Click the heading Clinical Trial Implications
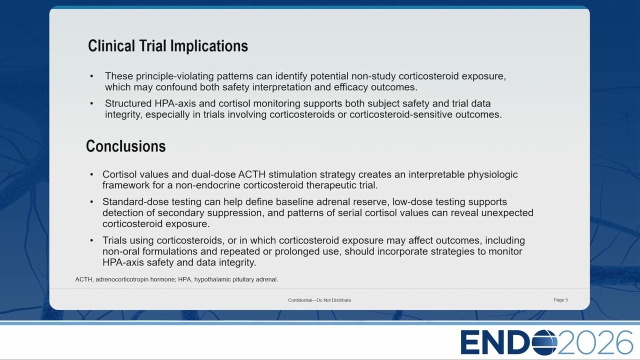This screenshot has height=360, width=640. [x=168, y=46]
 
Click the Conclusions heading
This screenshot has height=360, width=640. [x=125, y=146]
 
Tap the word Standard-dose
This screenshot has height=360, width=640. [x=135, y=202]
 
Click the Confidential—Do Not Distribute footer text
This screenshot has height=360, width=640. [x=319, y=300]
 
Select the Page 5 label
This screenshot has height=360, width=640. [x=560, y=300]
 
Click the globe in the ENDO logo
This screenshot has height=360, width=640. [x=545, y=342]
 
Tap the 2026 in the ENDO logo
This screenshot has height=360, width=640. [x=595, y=342]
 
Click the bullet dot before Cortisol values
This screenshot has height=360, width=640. [x=91, y=174]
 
